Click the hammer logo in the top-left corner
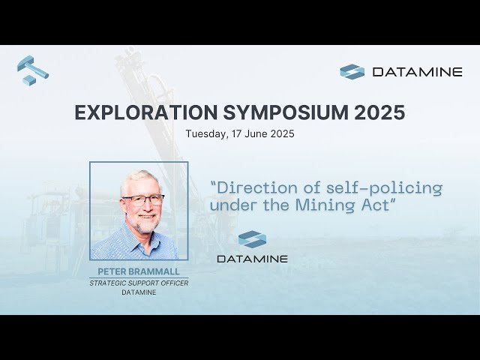(32, 70)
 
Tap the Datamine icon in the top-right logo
(352, 72)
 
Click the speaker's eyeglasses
(142, 200)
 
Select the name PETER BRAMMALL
(139, 271)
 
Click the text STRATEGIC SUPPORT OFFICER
(139, 283)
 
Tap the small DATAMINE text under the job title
(139, 292)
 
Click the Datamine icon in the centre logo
(252, 239)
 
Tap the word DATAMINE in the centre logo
(252, 259)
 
